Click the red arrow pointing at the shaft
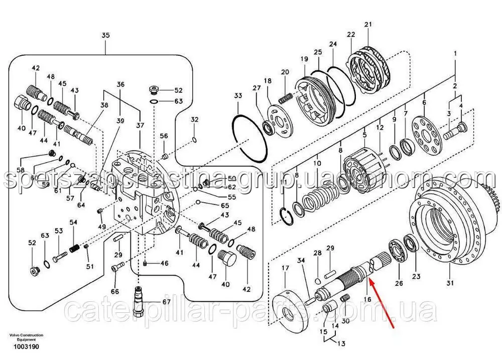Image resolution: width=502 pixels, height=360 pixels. coord(383,309)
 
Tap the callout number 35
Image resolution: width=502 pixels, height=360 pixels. coord(105,35)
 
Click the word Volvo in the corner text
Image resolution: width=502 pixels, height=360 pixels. coord(15,335)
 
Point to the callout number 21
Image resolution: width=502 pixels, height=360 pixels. coord(367,25)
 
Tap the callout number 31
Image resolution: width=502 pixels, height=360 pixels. coord(450,283)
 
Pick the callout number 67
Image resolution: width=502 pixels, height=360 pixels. coord(166,302)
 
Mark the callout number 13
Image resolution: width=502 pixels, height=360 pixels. coord(341,344)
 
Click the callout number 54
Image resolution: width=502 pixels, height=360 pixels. coord(73,222)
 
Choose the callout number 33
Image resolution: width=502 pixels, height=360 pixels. coord(238,95)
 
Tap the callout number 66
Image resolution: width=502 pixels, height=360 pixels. coord(115,292)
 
